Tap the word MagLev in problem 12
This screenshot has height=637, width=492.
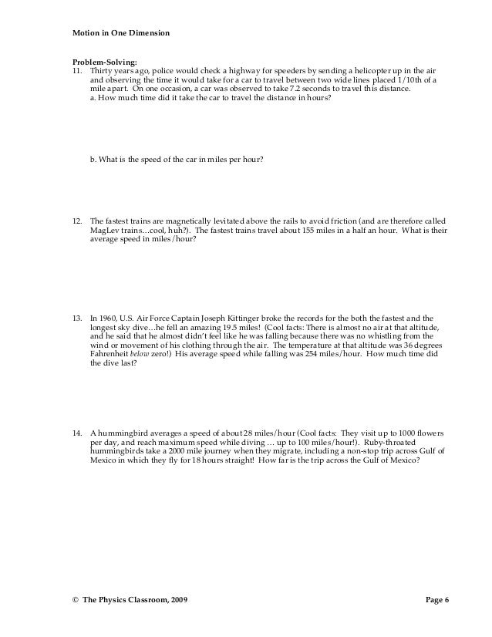click(x=103, y=230)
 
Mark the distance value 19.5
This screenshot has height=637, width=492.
click(x=220, y=327)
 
